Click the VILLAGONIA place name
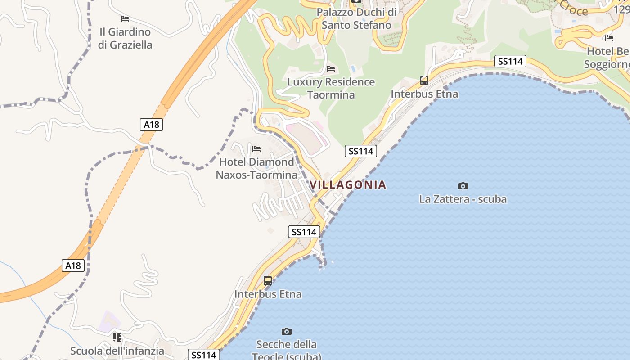click(x=348, y=184)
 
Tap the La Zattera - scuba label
click(x=463, y=199)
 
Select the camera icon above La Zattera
click(x=463, y=186)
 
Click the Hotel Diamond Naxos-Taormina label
click(x=256, y=168)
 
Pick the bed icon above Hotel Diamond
click(x=256, y=149)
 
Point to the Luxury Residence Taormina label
click(x=331, y=88)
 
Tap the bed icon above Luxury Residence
click(x=331, y=69)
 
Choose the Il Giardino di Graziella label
click(x=125, y=38)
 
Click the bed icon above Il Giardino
click(x=125, y=19)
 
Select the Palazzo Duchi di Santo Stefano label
click(x=356, y=18)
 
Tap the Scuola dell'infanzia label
click(x=117, y=351)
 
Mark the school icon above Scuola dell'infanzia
click(x=117, y=337)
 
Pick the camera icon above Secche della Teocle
click(x=286, y=332)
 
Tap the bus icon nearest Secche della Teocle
click(x=268, y=281)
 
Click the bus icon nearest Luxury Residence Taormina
click(x=424, y=81)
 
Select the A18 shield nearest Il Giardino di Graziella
click(x=151, y=125)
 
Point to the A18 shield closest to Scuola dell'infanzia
click(x=73, y=265)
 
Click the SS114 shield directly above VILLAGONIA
click(x=360, y=151)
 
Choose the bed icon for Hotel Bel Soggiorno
click(x=609, y=38)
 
